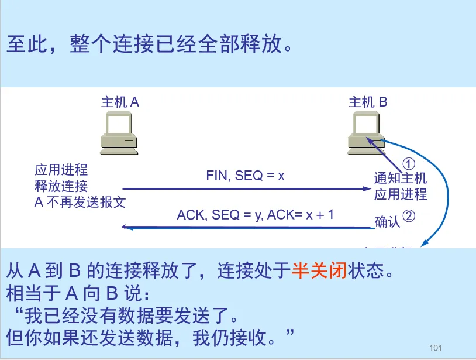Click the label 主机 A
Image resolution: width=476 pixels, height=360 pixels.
click(120, 102)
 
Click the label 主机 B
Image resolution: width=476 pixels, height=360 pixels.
click(368, 102)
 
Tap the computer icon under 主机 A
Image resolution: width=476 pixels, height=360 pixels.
click(119, 133)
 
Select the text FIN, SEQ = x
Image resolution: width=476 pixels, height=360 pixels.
click(245, 176)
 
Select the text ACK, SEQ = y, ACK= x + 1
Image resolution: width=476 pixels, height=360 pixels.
click(256, 214)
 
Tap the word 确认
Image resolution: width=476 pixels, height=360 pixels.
click(387, 222)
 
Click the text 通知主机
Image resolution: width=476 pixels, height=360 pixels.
click(401, 178)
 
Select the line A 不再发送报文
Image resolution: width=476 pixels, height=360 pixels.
click(81, 203)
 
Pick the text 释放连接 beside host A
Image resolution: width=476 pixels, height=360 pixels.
click(61, 187)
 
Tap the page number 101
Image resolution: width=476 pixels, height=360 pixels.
click(435, 348)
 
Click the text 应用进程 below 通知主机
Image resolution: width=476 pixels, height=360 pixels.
click(401, 194)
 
